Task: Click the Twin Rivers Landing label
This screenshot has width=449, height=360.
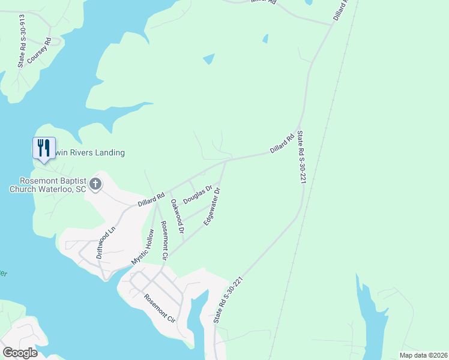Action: [x=90, y=153]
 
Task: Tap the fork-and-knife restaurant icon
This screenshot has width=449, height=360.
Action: [x=43, y=148]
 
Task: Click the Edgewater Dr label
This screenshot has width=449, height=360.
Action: [x=212, y=206]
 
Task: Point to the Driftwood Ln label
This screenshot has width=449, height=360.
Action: [x=106, y=242]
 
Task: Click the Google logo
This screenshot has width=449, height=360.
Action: [x=20, y=352]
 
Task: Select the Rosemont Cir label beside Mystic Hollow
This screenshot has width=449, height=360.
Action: [x=163, y=241]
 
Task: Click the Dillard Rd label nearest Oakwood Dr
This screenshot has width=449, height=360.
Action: [x=151, y=200]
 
